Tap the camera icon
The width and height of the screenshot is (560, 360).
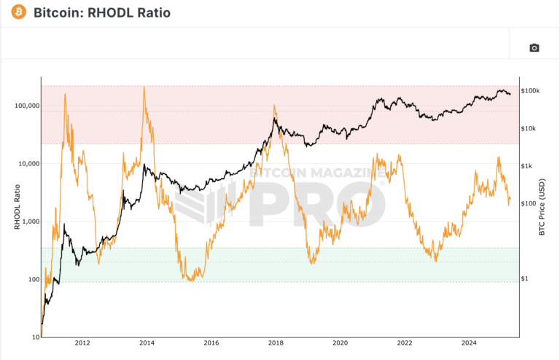point(534,48)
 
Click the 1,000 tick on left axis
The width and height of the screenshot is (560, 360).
point(27,222)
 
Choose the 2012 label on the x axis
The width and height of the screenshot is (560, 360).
point(82,342)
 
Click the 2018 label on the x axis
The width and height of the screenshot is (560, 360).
point(275,342)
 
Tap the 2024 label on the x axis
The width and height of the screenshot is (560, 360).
point(469,342)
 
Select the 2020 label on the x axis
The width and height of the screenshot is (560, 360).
point(340,342)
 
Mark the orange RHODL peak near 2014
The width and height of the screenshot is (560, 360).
point(144,87)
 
